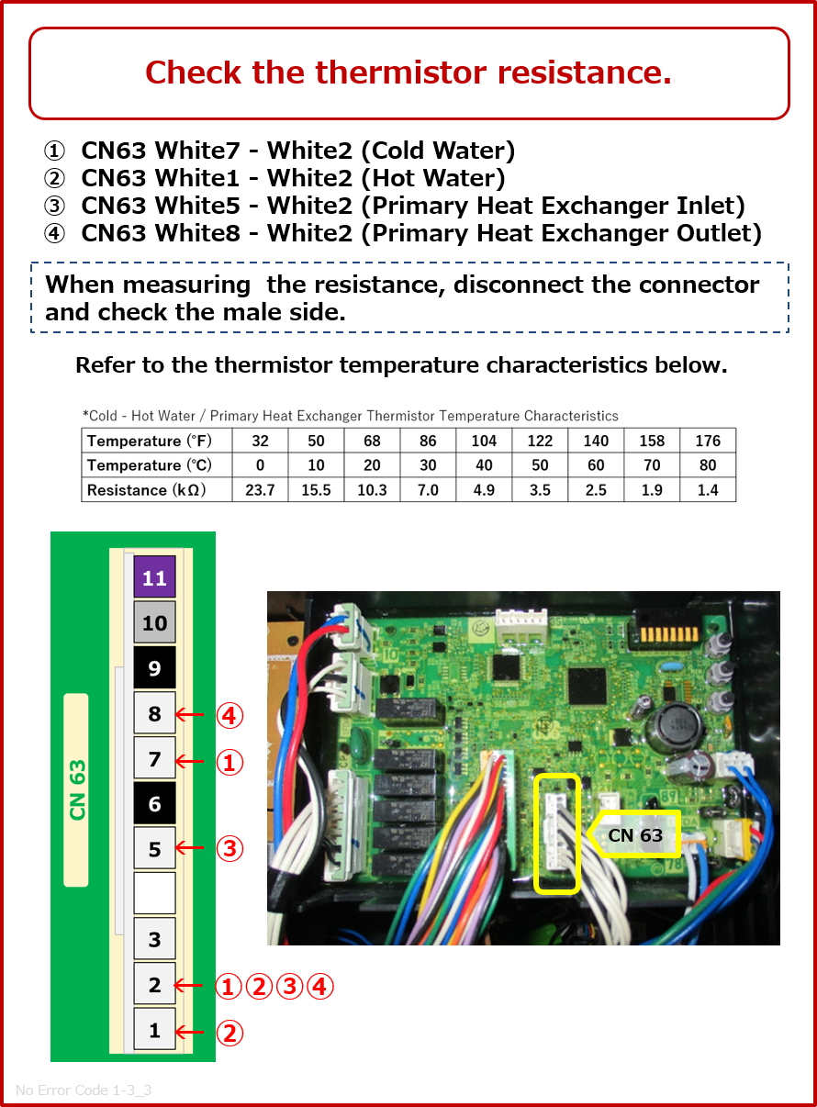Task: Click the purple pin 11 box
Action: point(154,578)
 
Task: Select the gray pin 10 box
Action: point(154,623)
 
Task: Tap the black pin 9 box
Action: point(154,668)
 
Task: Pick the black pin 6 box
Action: point(154,804)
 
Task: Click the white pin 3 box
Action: point(154,939)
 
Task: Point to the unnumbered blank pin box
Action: point(154,894)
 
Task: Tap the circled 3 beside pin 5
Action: point(229,849)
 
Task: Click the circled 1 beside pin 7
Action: point(229,761)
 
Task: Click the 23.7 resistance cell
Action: point(260,490)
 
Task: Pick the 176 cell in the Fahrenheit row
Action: point(708,441)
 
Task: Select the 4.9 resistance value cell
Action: point(484,490)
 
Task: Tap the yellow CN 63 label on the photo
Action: point(635,836)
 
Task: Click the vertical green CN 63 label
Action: point(77,789)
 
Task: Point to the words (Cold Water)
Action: point(444,151)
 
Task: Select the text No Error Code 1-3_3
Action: point(84,1090)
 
